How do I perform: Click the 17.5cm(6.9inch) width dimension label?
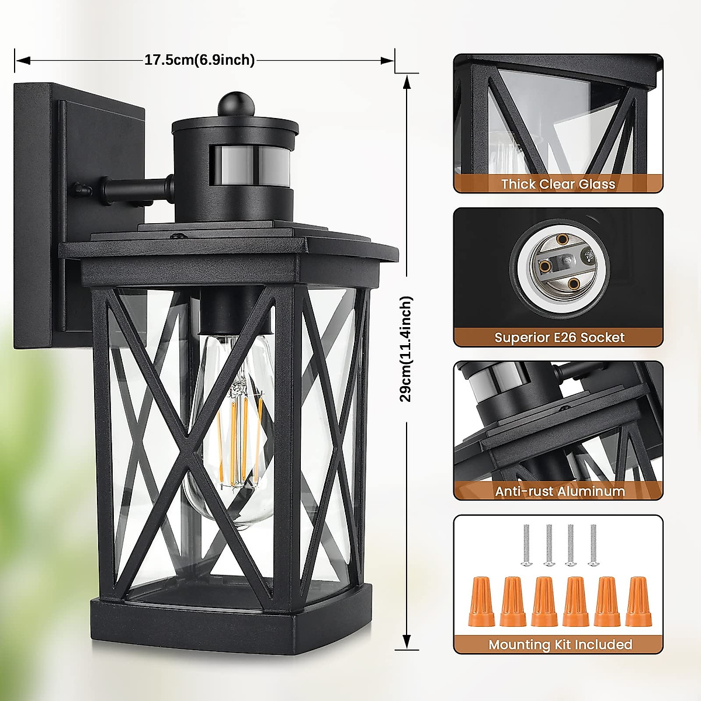tap(199, 60)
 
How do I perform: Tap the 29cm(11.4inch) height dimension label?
tap(406, 349)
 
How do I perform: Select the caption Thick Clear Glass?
tap(558, 184)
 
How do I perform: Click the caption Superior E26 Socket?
tap(559, 337)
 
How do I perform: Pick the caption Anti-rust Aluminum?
tap(560, 491)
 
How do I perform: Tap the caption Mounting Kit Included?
tap(560, 644)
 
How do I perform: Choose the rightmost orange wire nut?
tap(638, 601)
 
